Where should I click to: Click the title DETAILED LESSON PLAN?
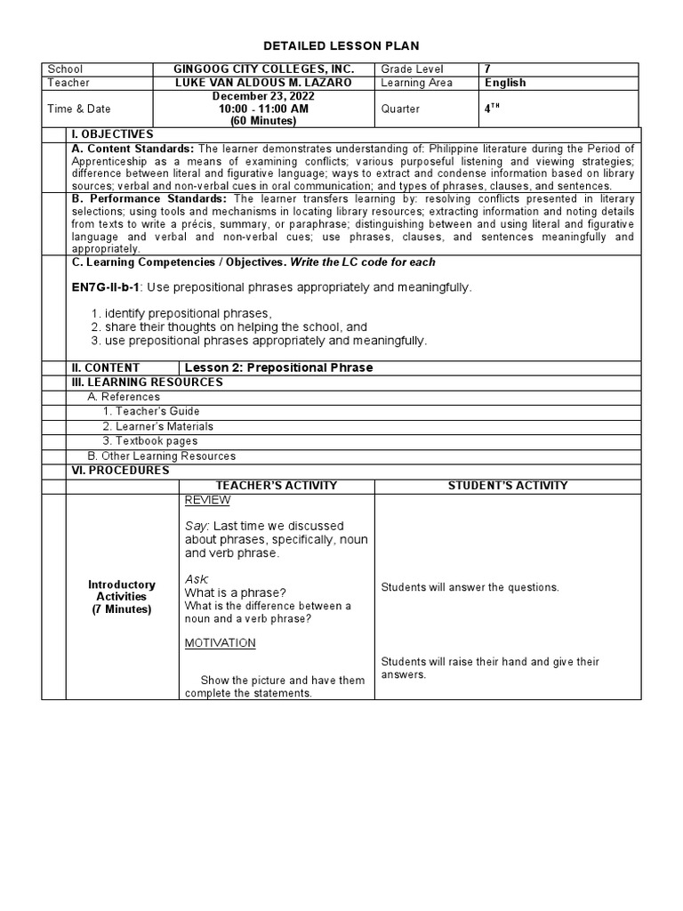[341, 45]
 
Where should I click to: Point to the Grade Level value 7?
[487, 69]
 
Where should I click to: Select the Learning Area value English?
[505, 83]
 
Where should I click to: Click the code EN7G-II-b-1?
[106, 287]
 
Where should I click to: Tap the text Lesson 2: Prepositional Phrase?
[278, 367]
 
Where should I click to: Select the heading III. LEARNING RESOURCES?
[147, 382]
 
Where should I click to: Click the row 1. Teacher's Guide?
[150, 411]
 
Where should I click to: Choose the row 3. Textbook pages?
[149, 440]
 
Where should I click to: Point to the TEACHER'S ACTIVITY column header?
[277, 485]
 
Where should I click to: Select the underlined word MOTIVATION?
[220, 642]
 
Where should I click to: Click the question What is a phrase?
[235, 593]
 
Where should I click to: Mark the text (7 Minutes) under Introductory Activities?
[122, 609]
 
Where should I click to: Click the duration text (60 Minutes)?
[264, 120]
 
